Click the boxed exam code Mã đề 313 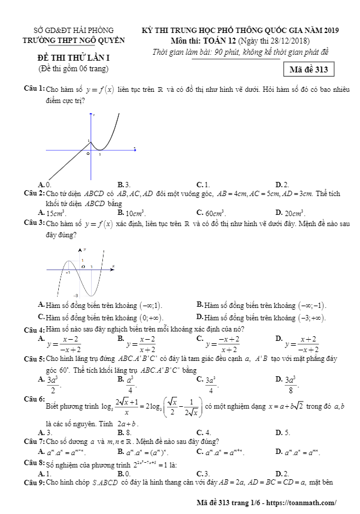click(x=309, y=69)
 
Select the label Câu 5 click(x=34, y=359)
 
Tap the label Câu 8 click(x=34, y=463)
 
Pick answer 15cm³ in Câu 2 click(x=56, y=213)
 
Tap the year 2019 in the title click(x=331, y=29)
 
